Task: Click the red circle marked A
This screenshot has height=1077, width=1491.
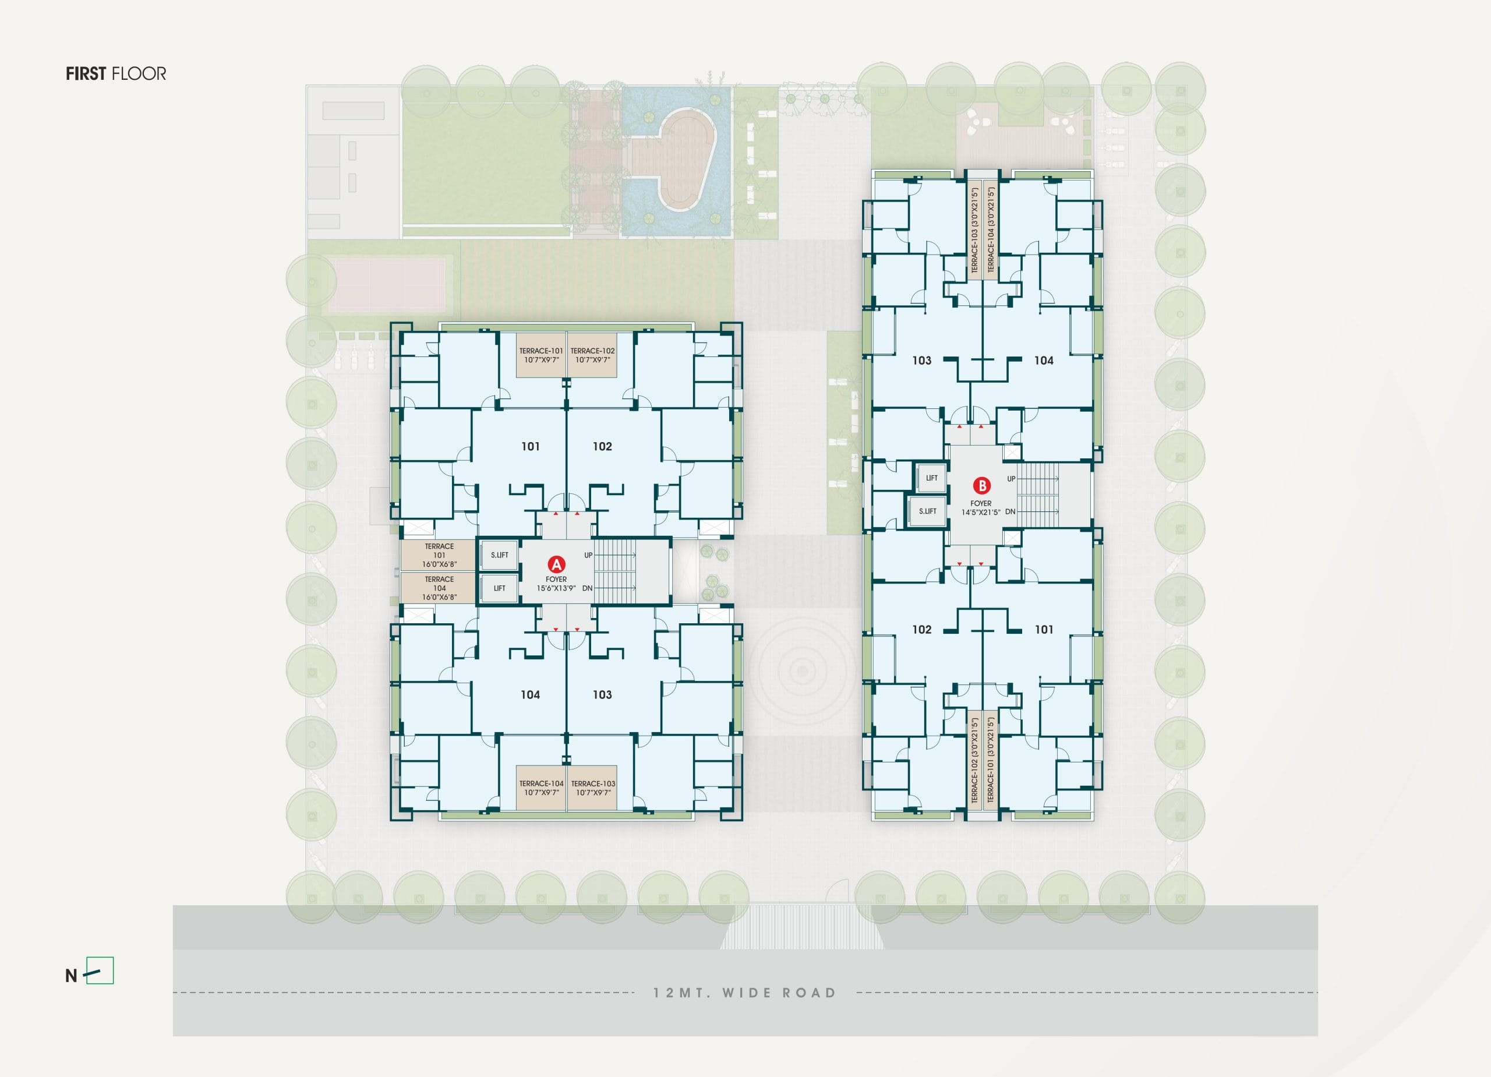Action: coord(556,564)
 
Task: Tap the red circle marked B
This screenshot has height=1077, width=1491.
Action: coord(981,486)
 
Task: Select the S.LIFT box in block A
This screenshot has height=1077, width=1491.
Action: coord(500,555)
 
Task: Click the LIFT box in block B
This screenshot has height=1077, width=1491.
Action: coord(931,478)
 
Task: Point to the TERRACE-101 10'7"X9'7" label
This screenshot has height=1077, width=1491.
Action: coord(541,355)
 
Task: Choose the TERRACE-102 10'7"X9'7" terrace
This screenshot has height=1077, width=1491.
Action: coord(592,355)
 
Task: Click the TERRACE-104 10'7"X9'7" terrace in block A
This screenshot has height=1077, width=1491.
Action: coord(541,788)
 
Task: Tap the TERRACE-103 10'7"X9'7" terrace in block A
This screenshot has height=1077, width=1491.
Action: coord(593,788)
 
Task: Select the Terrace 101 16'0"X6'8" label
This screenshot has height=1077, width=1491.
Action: coord(439,555)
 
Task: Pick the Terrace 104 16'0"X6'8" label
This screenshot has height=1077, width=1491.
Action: coord(439,588)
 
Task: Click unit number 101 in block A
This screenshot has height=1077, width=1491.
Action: coord(531,446)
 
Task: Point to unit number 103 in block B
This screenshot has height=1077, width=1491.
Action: coord(922,361)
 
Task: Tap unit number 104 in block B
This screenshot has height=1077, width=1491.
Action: coord(1044,361)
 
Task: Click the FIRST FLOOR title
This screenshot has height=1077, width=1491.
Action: coord(116,73)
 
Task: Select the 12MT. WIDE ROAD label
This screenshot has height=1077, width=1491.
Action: coord(744,993)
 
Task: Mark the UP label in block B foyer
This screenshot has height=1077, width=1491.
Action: coord(1011,479)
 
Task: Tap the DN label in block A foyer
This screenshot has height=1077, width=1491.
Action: coord(587,588)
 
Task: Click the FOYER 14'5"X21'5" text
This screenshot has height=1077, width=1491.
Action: coord(981,507)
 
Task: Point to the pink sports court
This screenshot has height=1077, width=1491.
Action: coord(387,285)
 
